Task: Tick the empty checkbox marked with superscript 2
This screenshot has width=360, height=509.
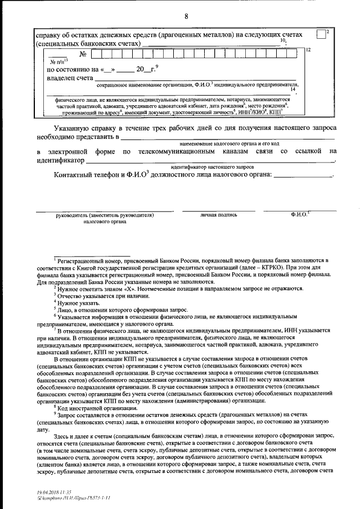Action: [321, 34]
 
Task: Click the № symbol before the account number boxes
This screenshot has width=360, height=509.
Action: [84, 55]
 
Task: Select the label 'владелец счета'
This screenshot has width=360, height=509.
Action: [66, 79]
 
